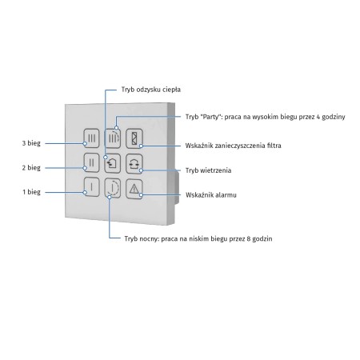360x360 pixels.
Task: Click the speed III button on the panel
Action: (91, 138)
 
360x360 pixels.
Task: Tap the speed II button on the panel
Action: (91, 162)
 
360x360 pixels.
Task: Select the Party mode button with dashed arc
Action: (112, 138)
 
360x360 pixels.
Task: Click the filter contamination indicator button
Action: (134, 138)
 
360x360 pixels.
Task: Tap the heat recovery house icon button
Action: (113, 163)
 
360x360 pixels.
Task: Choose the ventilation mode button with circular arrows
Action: (134, 163)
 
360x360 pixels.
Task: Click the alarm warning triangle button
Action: (134, 189)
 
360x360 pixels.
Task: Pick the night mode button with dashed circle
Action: (113, 188)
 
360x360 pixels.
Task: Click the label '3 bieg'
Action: (31, 143)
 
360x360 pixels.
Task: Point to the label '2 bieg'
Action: (31, 168)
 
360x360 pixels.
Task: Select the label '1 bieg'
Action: (31, 192)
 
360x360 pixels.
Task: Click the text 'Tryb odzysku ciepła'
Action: (151, 90)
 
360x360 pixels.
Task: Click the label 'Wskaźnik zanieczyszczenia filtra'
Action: (233, 146)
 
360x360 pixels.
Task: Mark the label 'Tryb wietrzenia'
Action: (208, 170)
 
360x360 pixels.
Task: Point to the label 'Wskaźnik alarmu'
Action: (211, 195)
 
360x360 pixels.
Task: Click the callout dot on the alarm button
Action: (141, 195)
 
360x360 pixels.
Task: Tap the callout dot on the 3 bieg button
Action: (85, 143)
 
